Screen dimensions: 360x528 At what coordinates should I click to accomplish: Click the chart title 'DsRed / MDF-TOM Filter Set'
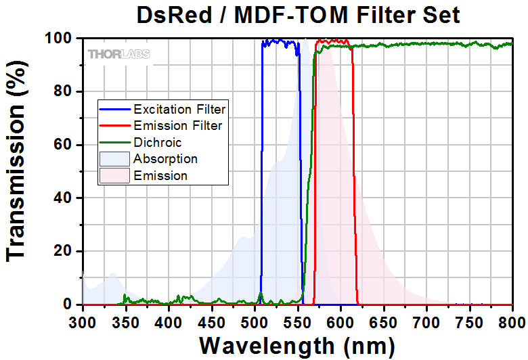298,14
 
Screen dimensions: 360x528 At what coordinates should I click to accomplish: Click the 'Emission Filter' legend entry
178,126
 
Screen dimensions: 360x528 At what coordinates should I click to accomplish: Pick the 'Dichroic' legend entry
158,143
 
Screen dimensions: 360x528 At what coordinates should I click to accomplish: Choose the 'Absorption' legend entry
166,159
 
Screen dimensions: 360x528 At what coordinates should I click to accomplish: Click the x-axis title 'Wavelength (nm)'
296,345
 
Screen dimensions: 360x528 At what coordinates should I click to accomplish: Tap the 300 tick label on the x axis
83,321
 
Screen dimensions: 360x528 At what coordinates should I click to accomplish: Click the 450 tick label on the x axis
212,321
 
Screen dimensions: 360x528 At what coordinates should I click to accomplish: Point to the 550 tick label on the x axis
298,321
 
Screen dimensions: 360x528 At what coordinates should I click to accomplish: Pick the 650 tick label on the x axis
384,321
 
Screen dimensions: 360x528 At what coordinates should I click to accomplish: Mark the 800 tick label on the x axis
512,321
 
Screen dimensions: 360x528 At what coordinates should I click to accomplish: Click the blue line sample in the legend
115,109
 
